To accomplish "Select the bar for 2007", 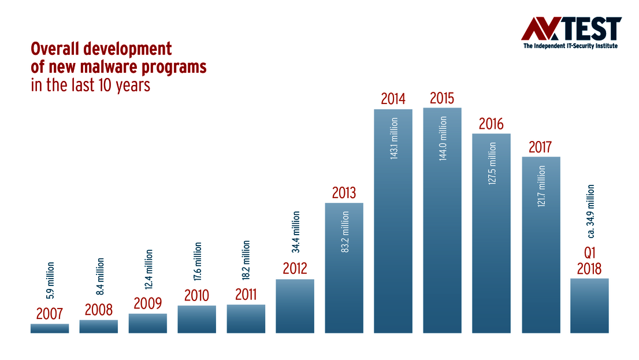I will click(50, 328).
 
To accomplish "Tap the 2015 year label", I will click(443, 98).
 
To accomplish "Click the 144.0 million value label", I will click(443, 138).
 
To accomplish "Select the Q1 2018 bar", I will click(589, 306).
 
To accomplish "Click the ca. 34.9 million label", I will click(590, 211).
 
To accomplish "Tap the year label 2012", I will click(295, 269).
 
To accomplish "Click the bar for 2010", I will click(197, 319).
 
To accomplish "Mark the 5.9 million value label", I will click(50, 280).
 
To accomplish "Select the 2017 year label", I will click(541, 147).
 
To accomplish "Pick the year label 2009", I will click(148, 303).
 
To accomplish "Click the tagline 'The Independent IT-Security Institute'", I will click(571, 46).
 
